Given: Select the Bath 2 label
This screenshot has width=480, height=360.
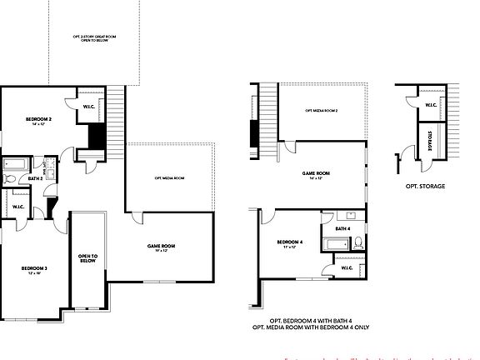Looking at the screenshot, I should click(x=35, y=177).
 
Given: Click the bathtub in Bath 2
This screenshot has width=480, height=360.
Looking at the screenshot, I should click(x=17, y=163).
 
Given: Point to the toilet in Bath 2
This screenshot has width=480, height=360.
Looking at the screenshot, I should click(x=10, y=177).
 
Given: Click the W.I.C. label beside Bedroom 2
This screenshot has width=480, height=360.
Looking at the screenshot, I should click(x=89, y=107).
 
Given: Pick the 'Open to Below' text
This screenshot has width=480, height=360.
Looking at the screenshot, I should click(x=87, y=258).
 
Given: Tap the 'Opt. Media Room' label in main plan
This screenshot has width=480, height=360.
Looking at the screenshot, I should click(x=169, y=178).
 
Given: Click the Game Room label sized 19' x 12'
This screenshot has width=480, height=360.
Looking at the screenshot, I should click(x=160, y=247).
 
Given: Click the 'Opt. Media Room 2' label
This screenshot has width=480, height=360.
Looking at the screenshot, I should click(x=321, y=111).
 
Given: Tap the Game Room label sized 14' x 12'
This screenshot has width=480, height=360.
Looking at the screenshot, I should click(x=316, y=174).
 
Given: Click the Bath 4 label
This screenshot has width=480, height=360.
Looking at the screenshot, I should click(x=342, y=228).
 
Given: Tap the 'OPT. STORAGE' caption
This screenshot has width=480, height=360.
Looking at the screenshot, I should click(x=425, y=186).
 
